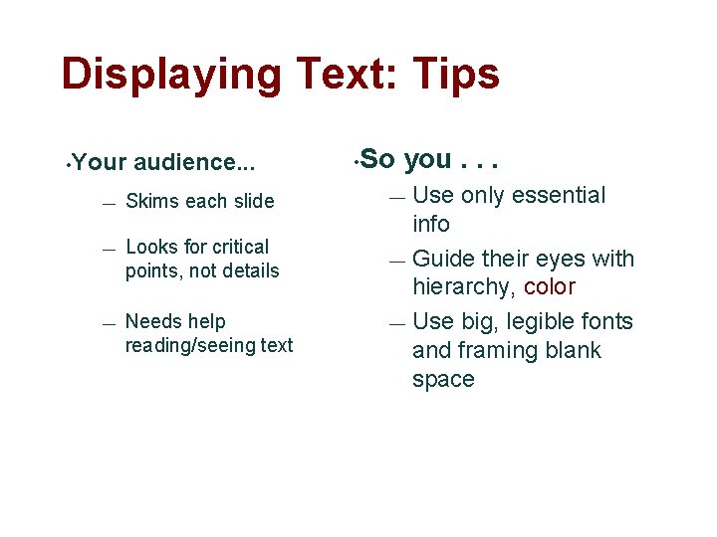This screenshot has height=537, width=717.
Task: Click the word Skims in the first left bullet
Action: tap(149, 201)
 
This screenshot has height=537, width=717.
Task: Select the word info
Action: tap(431, 224)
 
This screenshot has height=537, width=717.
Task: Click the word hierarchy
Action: tap(464, 287)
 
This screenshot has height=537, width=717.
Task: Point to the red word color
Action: tap(550, 287)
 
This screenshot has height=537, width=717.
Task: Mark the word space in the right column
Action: tap(443, 379)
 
